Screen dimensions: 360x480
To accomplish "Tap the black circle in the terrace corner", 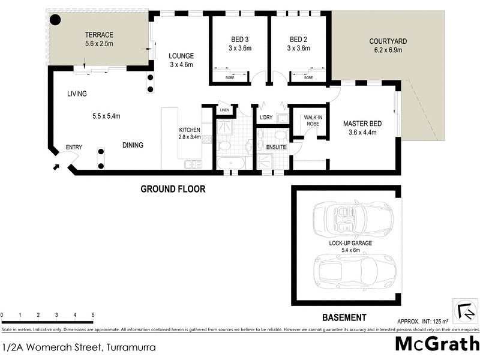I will (x=55, y=20).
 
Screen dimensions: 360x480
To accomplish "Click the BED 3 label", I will (x=239, y=40).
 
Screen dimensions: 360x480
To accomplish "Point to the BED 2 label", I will (x=298, y=40).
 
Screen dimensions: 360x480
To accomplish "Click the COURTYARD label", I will (x=388, y=41).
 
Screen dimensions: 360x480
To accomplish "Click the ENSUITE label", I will (x=276, y=147).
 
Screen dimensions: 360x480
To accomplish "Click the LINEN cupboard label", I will (x=224, y=110).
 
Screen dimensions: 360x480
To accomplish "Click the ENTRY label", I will (x=74, y=148).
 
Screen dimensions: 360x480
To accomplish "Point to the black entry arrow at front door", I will (x=56, y=166).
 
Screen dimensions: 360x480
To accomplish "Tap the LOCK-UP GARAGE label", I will (x=351, y=243).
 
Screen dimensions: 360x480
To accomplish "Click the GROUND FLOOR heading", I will (x=173, y=189).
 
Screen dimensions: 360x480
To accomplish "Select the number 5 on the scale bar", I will (x=93, y=315).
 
